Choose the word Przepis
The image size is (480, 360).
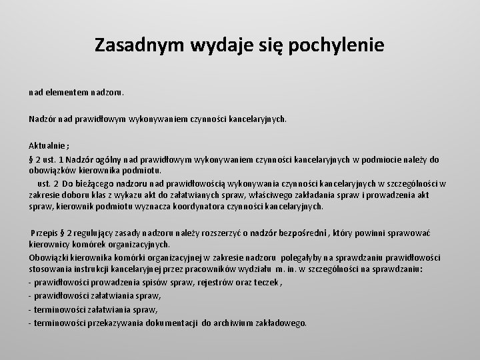pyautogui.click(x=45, y=232)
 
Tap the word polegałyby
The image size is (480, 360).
pyautogui.click(x=307, y=257)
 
